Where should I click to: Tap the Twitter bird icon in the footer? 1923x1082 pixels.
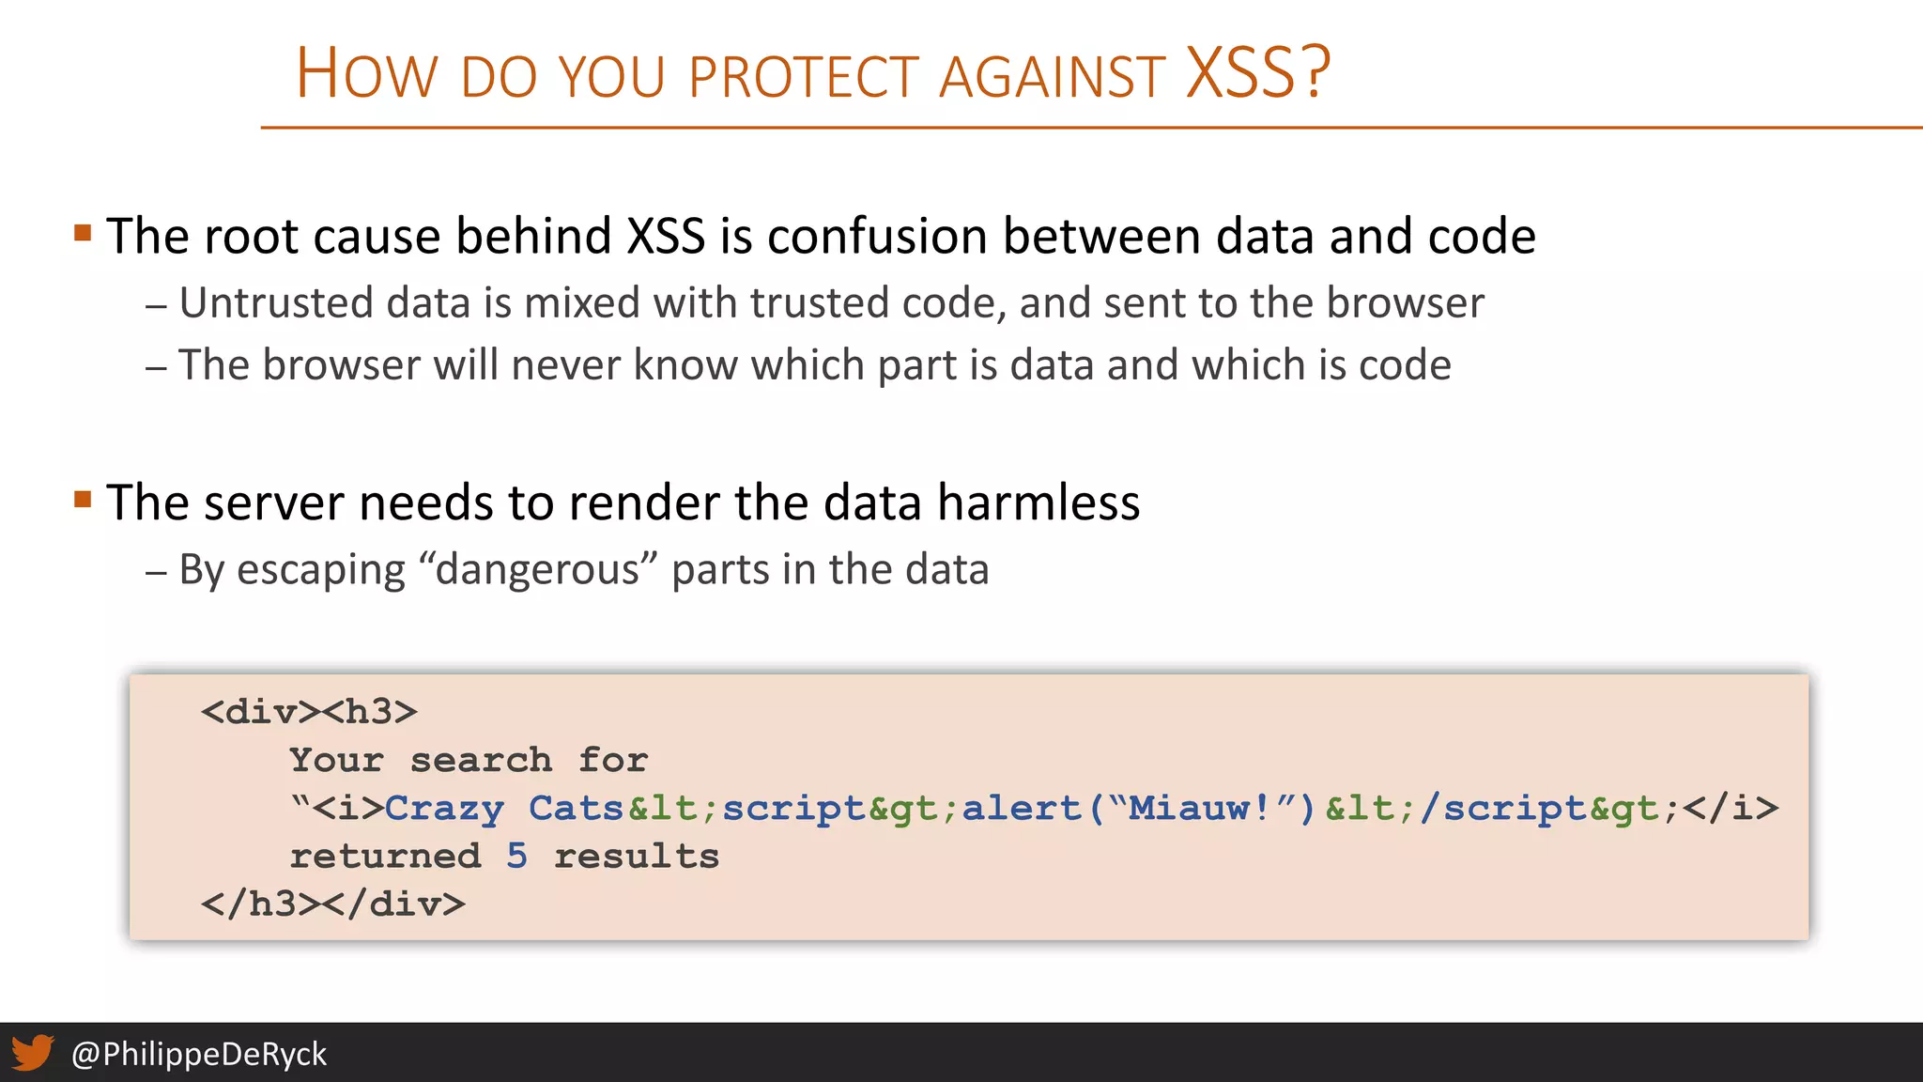pyautogui.click(x=32, y=1053)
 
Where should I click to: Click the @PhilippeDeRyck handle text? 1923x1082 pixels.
pyautogui.click(x=199, y=1054)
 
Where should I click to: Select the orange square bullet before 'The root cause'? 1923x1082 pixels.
pyautogui.click(x=83, y=232)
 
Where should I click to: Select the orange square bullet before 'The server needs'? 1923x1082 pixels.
pyautogui.click(x=83, y=499)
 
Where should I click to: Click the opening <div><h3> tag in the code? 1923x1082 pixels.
pyautogui.click(x=309, y=712)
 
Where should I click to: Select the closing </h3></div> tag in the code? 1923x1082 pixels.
pyautogui.click(x=332, y=904)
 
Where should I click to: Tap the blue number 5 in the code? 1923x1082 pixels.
pyautogui.click(x=516, y=856)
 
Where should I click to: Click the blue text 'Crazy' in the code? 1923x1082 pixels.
pyautogui.click(x=444, y=808)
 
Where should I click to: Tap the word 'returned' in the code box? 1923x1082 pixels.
pyautogui.click(x=385, y=856)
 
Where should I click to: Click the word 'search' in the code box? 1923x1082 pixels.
pyautogui.click(x=481, y=760)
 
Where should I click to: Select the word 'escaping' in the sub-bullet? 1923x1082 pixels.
pyautogui.click(x=320, y=570)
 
